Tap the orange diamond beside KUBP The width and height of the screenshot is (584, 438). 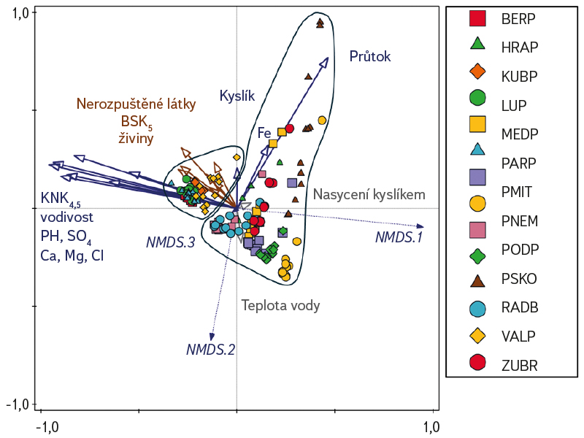[x=477, y=72]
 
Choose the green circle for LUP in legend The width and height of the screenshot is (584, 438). [x=477, y=96]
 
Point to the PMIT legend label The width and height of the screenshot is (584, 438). [x=517, y=193]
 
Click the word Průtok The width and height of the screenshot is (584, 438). [x=370, y=56]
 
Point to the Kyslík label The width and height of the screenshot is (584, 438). [x=237, y=95]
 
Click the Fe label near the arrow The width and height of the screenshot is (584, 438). [x=264, y=133]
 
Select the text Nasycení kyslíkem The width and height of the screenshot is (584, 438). [x=369, y=194]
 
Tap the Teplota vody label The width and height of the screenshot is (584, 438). [x=281, y=306]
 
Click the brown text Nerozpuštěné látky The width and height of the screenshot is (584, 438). [x=137, y=104]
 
